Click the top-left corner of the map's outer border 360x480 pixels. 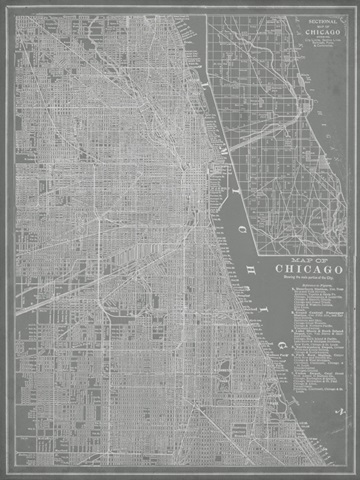click(12, 12)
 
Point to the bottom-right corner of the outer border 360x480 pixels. click(348, 468)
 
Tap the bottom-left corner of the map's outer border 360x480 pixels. click(12, 468)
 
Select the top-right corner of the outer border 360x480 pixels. click(348, 12)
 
